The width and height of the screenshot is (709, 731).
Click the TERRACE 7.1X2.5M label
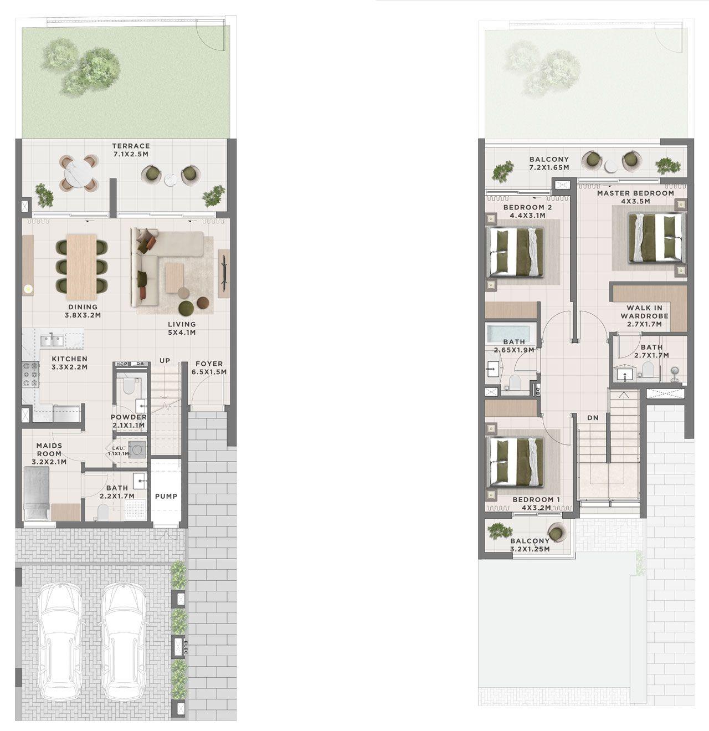[x=131, y=150]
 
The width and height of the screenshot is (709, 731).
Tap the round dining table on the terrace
[x=79, y=173]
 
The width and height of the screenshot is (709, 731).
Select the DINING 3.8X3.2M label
[x=83, y=311]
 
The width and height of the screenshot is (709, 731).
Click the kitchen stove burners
[x=30, y=374]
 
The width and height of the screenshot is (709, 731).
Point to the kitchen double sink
[x=52, y=340]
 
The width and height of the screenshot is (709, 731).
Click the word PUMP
[x=166, y=496]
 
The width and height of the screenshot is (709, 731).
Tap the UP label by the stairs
[x=165, y=361]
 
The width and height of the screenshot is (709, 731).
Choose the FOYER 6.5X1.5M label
[x=209, y=368]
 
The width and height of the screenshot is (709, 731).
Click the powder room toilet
[x=129, y=386]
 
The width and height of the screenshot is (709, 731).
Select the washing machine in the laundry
[x=137, y=449]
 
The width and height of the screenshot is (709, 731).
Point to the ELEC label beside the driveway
[x=186, y=646]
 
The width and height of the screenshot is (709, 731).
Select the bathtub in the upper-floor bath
[x=509, y=333]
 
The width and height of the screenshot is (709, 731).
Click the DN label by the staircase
[x=593, y=418]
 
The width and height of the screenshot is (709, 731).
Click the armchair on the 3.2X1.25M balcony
[x=557, y=533]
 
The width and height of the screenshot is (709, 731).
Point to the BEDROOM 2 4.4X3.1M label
[x=528, y=211]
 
